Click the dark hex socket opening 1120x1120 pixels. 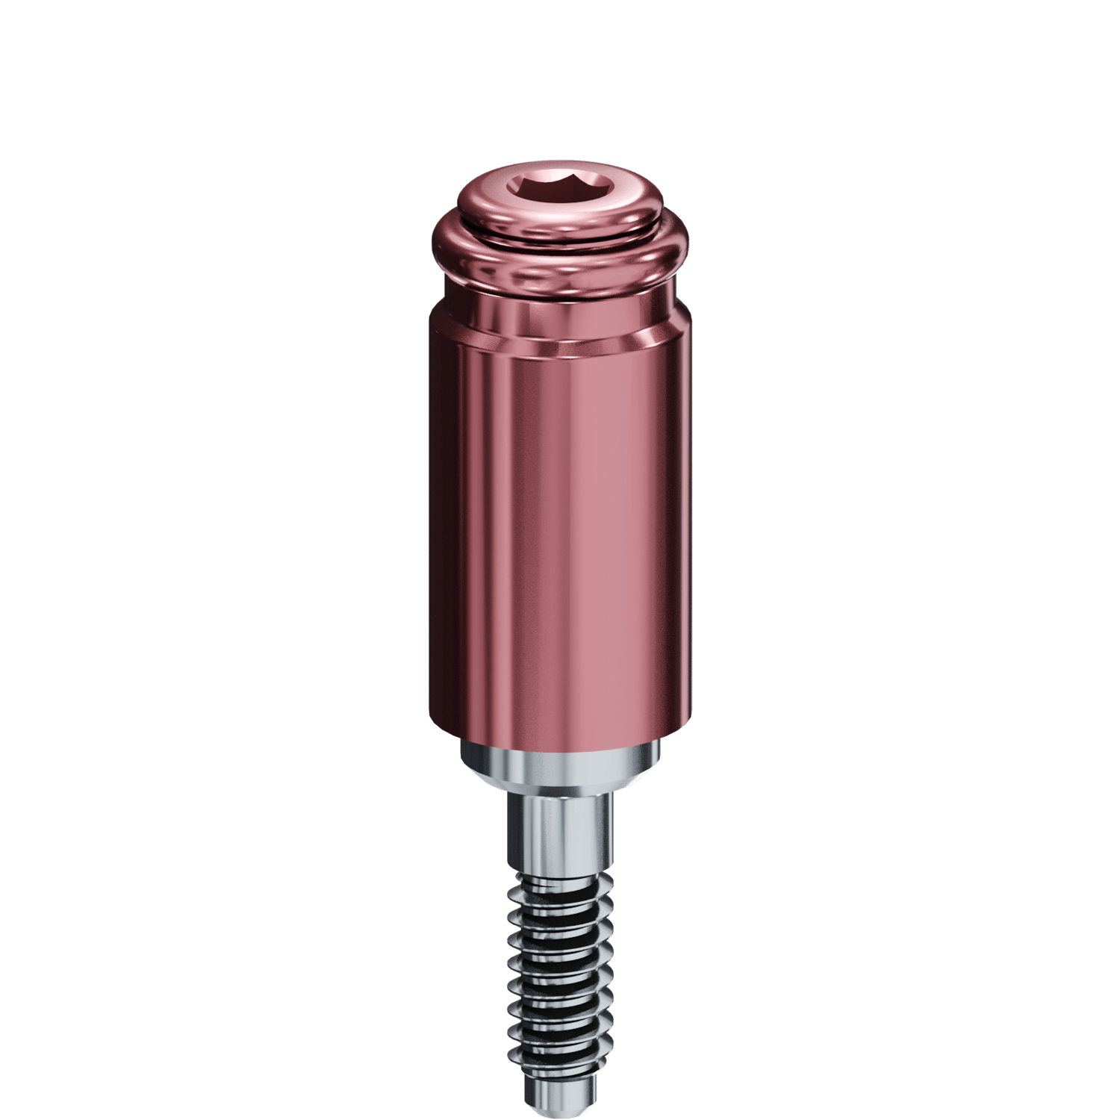point(560,191)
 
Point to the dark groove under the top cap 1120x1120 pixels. point(560,238)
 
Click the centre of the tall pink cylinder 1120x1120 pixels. point(560,538)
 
